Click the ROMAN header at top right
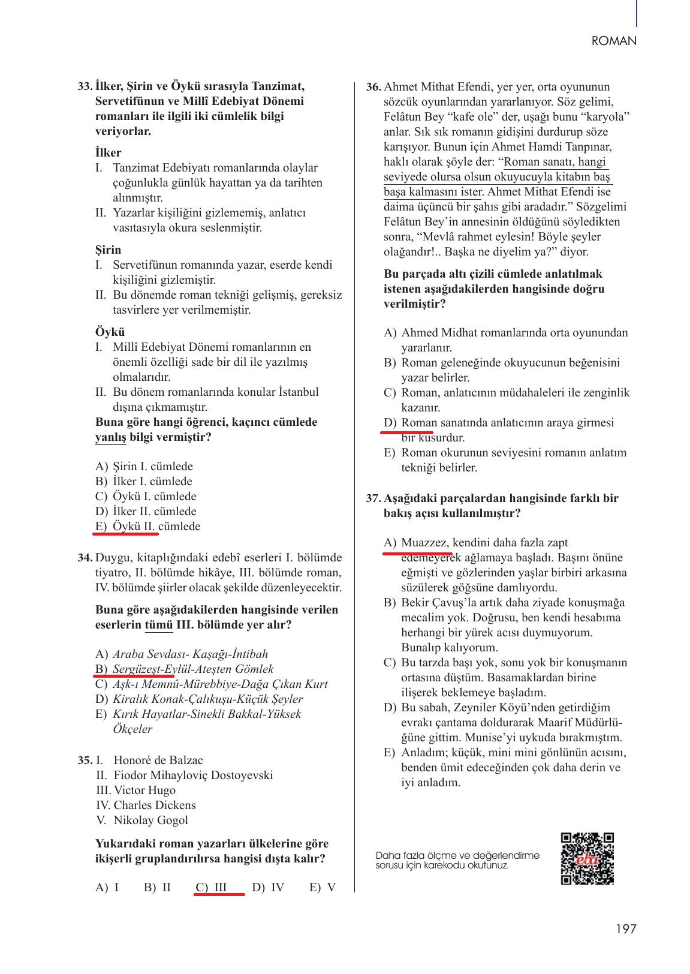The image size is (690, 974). coord(613,41)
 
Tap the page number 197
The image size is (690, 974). coord(625,929)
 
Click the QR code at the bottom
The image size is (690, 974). coord(587,858)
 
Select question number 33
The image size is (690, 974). coord(85,86)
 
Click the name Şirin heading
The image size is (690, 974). coord(108,249)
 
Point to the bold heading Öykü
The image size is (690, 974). coord(110,332)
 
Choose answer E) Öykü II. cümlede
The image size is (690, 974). coord(147,527)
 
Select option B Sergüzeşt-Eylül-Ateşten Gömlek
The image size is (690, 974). coord(184,669)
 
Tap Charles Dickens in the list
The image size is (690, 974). coord(155,805)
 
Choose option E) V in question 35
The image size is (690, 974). coord(323,888)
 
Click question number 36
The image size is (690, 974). coord(373,87)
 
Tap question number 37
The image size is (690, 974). coord(373,498)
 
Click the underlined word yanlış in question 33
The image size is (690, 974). coord(110,437)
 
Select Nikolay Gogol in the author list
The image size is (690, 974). coord(150,820)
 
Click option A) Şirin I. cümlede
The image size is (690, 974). coord(144,467)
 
